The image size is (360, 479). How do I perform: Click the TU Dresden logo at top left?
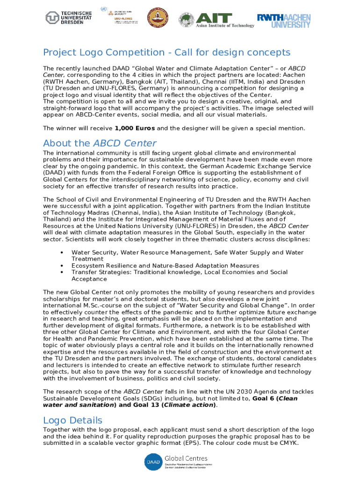click(x=69, y=18)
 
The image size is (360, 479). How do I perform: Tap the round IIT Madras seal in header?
click(x=157, y=19)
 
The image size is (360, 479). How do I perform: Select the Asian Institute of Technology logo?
click(x=217, y=20)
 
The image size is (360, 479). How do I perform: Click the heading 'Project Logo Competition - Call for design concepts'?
click(x=166, y=52)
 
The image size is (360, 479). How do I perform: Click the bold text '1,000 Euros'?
click(x=135, y=128)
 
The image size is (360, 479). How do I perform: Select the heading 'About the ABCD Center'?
click(x=100, y=143)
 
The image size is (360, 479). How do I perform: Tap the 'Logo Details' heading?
click(x=72, y=420)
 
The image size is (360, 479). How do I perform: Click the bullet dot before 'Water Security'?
click(x=62, y=253)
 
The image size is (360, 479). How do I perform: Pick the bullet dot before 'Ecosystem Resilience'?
click(x=62, y=266)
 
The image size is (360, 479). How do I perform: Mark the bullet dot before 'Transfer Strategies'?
click(x=62, y=272)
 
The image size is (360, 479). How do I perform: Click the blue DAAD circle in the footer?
click(x=152, y=462)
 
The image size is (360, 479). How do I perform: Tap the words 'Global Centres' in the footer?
click(x=186, y=458)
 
